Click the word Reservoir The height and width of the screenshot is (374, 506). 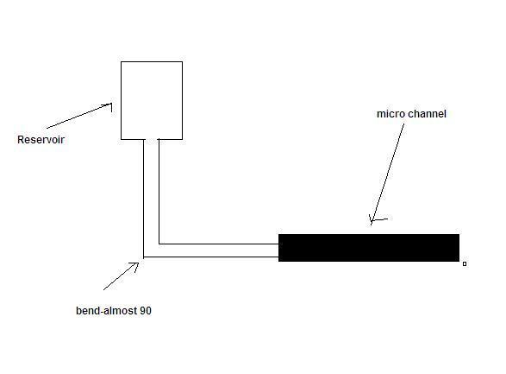41,140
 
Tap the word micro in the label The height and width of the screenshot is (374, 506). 390,114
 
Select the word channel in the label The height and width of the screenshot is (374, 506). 427,114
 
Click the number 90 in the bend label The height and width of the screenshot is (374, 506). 146,311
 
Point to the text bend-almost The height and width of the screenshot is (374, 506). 107,311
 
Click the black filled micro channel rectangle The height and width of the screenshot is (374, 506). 369,248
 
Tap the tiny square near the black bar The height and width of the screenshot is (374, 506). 465,264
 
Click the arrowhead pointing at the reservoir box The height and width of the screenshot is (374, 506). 109,105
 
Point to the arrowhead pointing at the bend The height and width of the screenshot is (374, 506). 136,265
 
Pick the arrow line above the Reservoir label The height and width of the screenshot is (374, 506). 79,116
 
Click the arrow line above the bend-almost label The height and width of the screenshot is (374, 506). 121,276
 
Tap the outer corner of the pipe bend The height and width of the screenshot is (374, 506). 144,257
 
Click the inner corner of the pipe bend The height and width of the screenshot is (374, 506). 159,244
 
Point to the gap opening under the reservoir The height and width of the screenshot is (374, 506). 152,139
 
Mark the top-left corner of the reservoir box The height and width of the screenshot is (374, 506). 121,61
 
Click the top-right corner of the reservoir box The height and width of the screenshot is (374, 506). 183,61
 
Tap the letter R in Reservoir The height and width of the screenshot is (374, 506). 21,140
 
